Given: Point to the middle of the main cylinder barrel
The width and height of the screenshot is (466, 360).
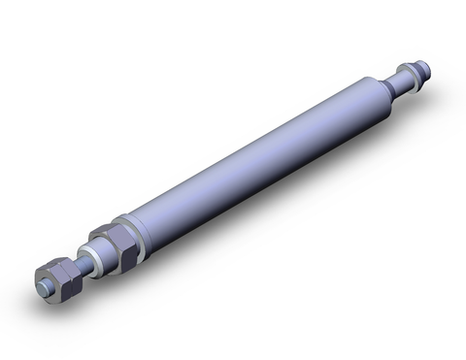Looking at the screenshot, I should tap(252, 155).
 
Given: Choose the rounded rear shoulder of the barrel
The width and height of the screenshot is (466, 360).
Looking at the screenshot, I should tap(373, 92).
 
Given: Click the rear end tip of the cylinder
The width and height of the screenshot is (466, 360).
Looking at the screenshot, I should tap(424, 68).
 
